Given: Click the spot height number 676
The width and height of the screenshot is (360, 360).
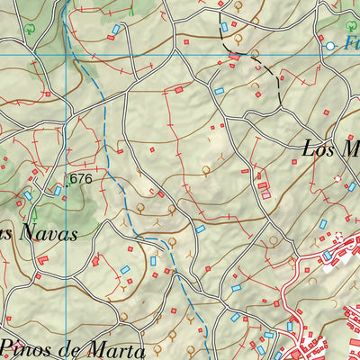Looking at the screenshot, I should (82, 179).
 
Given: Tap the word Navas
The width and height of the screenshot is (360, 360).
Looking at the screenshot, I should (44, 233).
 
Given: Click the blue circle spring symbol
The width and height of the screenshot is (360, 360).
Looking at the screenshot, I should (330, 45).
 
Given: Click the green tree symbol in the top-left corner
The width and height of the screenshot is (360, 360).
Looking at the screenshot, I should (31, 28).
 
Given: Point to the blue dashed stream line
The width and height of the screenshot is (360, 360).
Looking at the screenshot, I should (105, 135).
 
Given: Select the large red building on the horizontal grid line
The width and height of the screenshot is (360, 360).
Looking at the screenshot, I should (234, 57).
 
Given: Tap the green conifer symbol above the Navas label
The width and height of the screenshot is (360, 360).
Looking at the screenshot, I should (35, 216).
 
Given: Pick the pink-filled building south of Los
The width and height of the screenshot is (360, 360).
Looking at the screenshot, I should (265, 195).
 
